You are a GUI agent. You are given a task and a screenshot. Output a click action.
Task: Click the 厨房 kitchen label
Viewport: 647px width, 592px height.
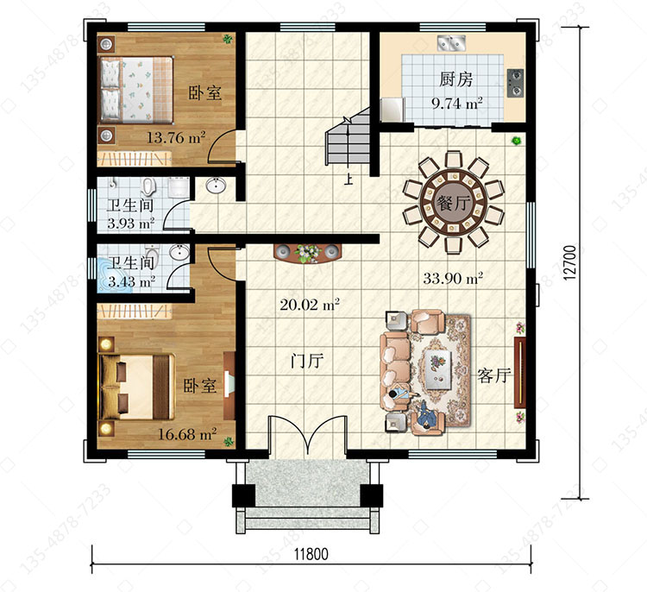455,79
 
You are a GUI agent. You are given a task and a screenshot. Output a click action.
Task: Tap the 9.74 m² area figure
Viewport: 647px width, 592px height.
456,103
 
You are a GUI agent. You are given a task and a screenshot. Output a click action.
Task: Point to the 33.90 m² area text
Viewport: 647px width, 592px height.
453,278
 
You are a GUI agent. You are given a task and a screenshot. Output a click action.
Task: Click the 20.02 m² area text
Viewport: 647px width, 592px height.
310,305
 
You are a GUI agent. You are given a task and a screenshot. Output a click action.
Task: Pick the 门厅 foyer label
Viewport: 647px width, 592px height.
307,362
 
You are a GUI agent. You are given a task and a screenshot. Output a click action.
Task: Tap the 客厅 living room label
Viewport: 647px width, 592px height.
494,375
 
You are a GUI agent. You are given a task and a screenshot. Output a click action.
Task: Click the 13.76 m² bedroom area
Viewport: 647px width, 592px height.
176,137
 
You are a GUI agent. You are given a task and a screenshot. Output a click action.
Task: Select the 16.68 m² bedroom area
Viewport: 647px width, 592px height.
188,434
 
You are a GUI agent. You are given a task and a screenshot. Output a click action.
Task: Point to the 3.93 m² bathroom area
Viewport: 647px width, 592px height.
131,224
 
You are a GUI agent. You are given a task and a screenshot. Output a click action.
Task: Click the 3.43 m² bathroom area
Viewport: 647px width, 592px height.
132,282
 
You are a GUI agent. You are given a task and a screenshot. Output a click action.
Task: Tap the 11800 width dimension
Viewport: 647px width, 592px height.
311,554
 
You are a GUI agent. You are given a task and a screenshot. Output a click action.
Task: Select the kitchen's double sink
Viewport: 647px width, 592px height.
451,42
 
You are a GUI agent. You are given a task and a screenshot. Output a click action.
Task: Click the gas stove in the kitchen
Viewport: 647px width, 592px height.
515,83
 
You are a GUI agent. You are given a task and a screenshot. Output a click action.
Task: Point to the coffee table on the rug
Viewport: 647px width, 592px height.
438,370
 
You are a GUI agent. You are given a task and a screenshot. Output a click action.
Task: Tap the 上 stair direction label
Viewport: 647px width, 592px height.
349,179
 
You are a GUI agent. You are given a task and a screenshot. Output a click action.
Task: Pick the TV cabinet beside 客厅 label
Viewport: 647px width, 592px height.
520,373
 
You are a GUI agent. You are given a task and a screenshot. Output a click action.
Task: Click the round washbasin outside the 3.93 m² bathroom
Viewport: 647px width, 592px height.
215,185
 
